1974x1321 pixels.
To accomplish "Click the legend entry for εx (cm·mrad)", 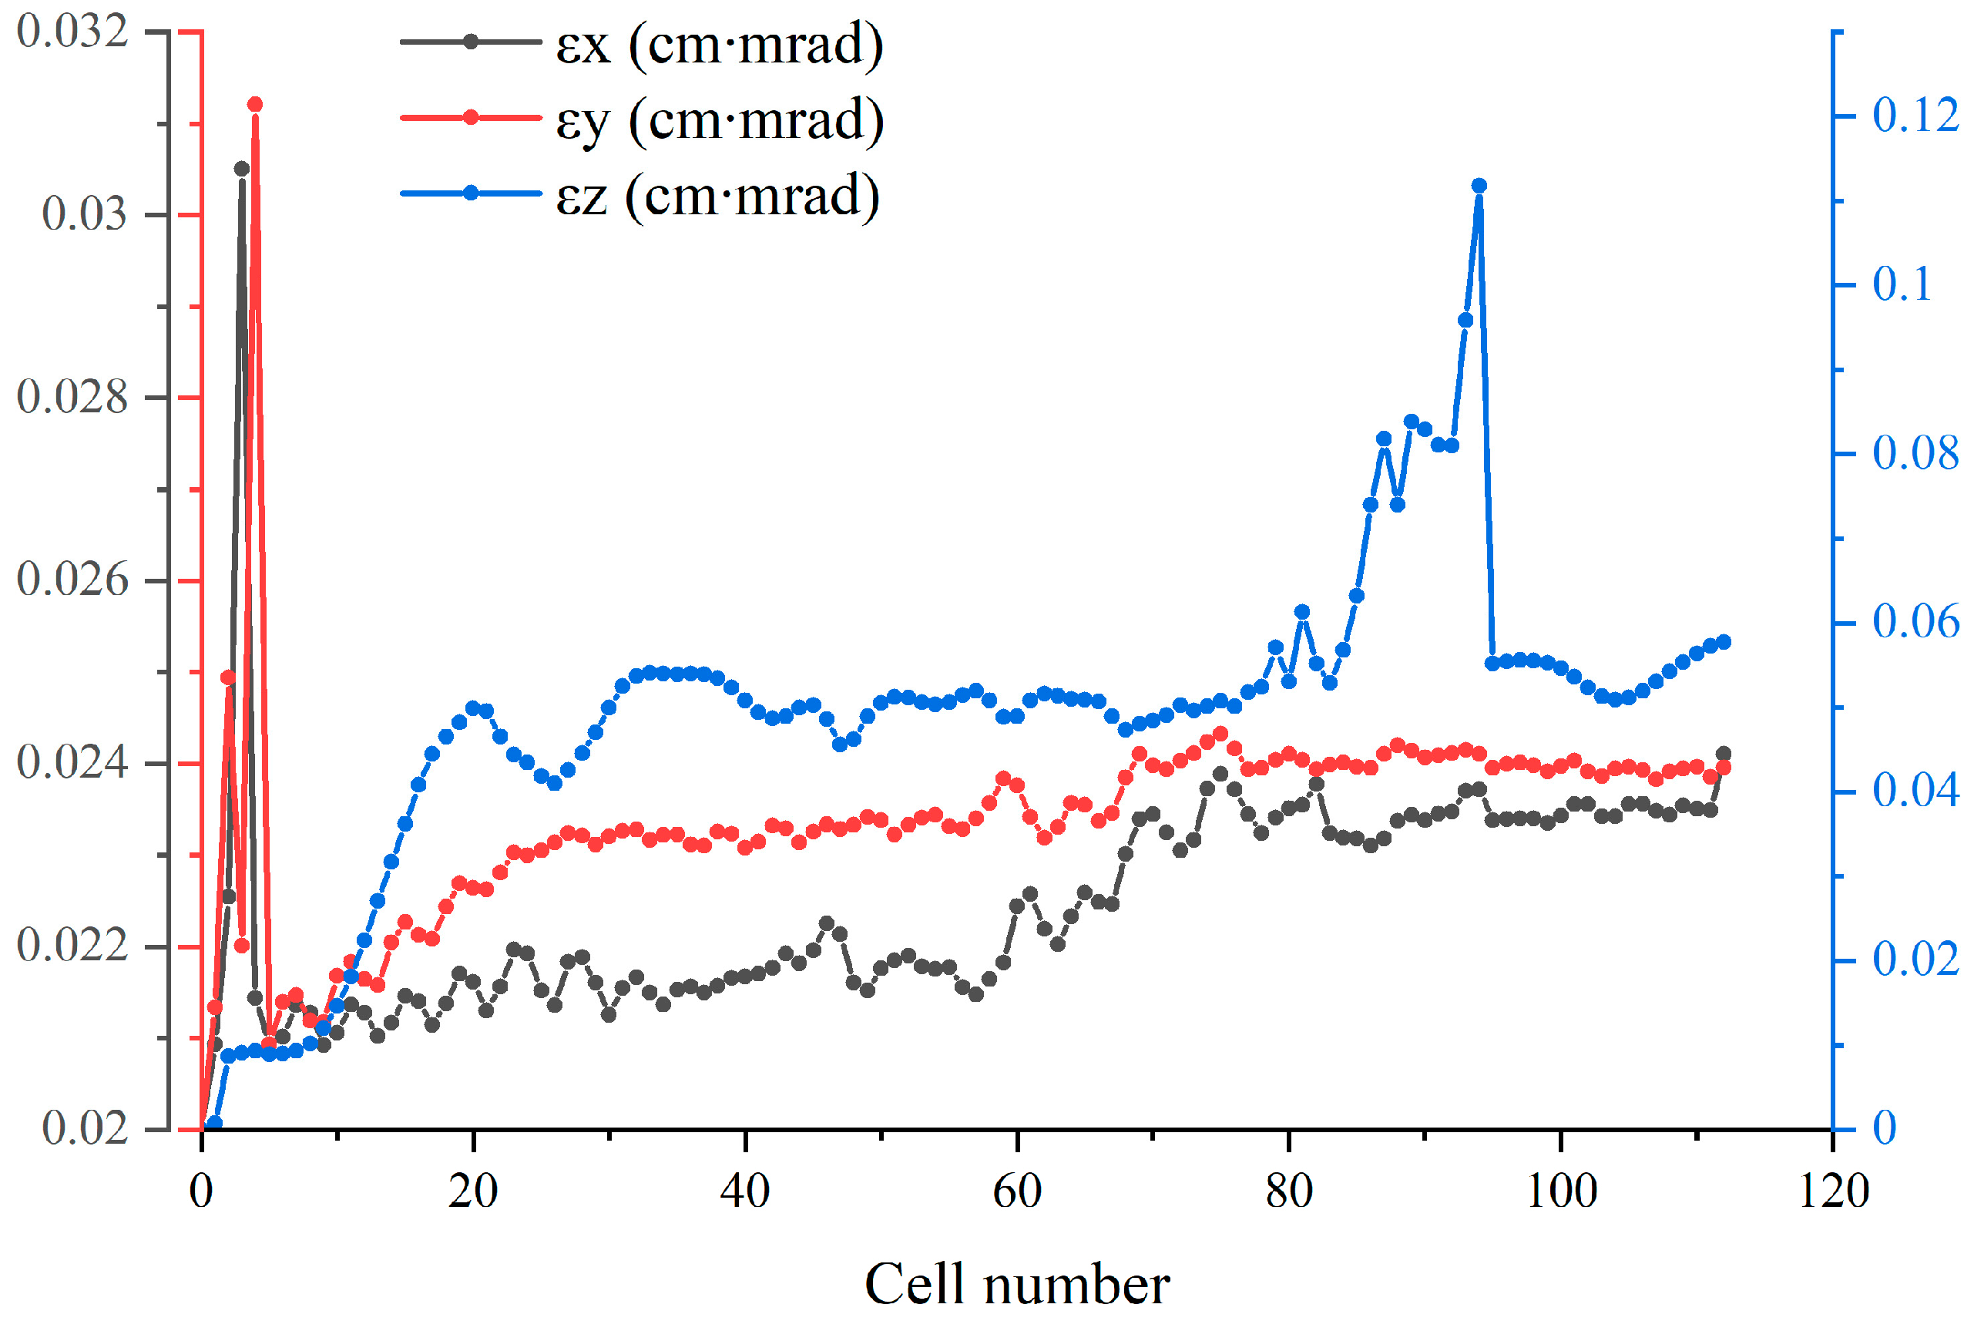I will [640, 44].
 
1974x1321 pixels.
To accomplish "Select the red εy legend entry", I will [640, 119].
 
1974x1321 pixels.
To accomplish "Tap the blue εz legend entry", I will [640, 196].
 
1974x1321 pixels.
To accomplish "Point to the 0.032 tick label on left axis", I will [72, 32].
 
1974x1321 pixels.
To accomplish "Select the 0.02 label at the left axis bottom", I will [84, 1128].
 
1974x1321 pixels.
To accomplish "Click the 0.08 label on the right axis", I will [1915, 453].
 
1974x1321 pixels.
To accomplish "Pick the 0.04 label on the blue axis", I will [1915, 790].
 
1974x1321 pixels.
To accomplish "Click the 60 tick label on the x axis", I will [1017, 1192].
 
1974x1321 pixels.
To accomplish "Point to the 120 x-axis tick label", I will [1832, 1192].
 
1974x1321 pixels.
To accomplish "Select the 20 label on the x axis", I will [473, 1192].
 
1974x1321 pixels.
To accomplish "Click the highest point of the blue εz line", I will [1479, 185].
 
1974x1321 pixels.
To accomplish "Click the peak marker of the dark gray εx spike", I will [242, 169].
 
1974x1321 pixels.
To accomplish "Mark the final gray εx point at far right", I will [1723, 753].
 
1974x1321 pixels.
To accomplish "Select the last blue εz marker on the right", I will [1723, 642].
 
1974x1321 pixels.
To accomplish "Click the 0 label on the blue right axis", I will [1885, 1128].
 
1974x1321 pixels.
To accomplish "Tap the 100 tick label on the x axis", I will [1560, 1192].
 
